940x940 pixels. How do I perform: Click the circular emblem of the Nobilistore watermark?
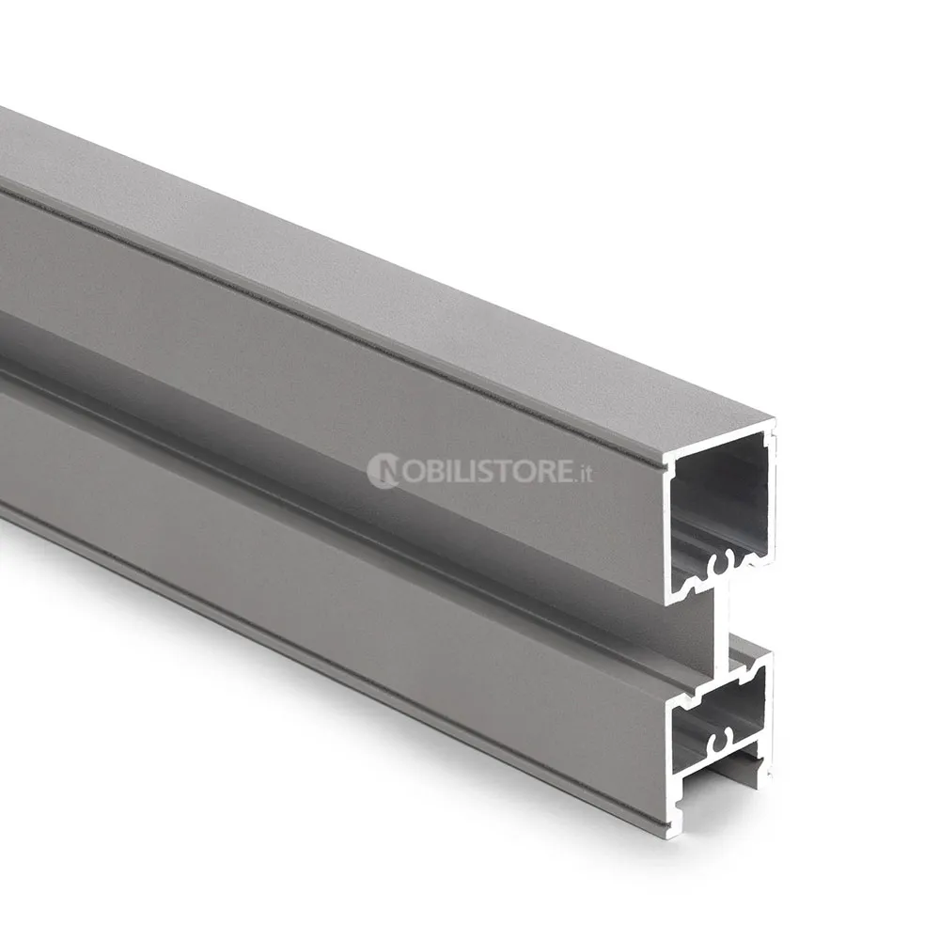(x=383, y=470)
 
